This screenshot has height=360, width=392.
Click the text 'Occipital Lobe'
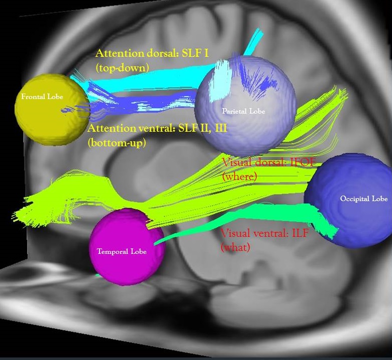click(364, 199)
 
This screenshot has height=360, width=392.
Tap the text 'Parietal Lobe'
click(243, 111)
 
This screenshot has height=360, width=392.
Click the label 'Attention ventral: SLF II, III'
click(157, 129)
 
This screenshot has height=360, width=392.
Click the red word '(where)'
click(239, 176)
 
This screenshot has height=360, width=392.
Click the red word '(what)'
click(236, 247)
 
